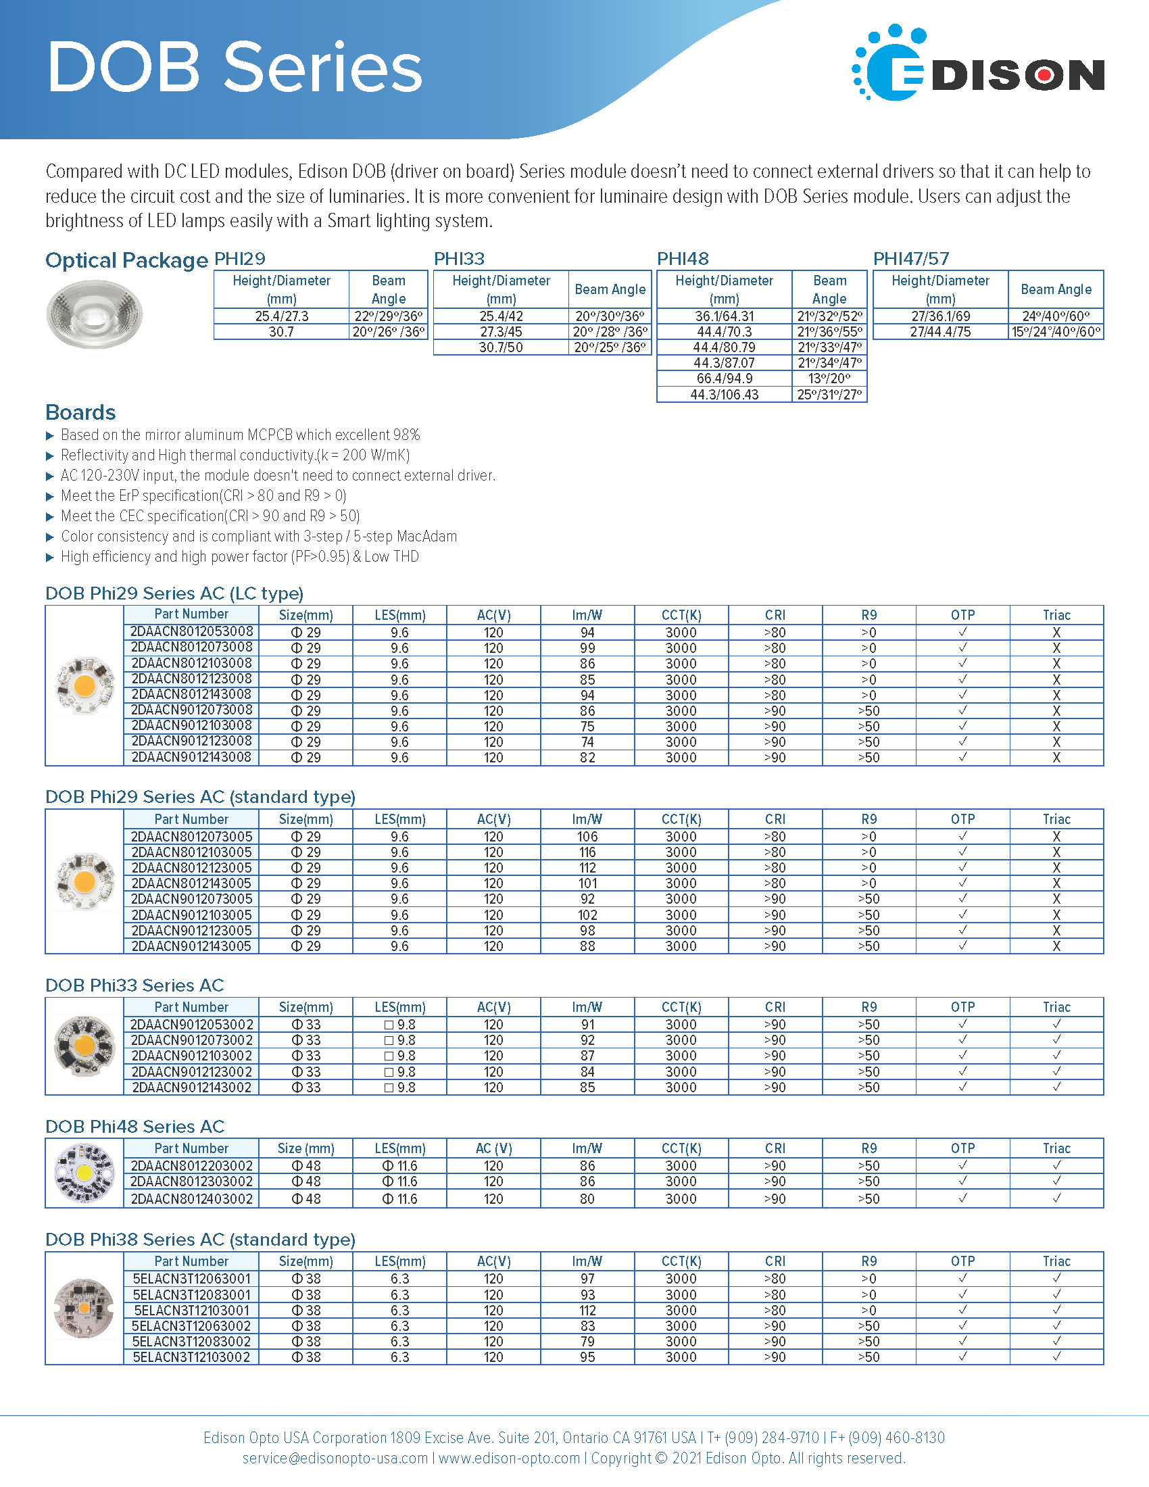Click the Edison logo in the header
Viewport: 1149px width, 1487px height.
coord(977,64)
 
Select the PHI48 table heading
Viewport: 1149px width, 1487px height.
coord(683,259)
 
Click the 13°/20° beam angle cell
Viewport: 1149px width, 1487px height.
coord(829,379)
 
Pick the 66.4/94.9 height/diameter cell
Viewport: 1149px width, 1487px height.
coord(725,379)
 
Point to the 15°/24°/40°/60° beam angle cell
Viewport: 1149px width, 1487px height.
coord(1056,333)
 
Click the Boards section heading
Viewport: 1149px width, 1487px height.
coord(80,412)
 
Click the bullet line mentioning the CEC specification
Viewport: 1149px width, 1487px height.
coord(210,516)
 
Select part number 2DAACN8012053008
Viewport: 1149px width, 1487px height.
coord(191,632)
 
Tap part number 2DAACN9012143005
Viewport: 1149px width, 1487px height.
coord(191,946)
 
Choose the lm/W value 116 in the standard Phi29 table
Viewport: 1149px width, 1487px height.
coord(587,852)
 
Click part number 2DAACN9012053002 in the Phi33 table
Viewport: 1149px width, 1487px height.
coord(191,1025)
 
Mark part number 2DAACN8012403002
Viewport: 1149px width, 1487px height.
coord(191,1199)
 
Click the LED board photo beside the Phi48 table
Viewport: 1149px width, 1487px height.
coord(84,1173)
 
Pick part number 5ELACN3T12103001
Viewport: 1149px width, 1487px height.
coord(191,1311)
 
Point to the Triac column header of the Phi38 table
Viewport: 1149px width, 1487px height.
coord(1056,1261)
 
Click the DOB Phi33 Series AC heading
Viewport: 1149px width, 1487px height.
coord(135,985)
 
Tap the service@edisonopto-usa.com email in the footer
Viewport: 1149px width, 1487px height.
coord(335,1458)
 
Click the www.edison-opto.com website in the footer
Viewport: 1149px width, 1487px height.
coord(509,1458)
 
